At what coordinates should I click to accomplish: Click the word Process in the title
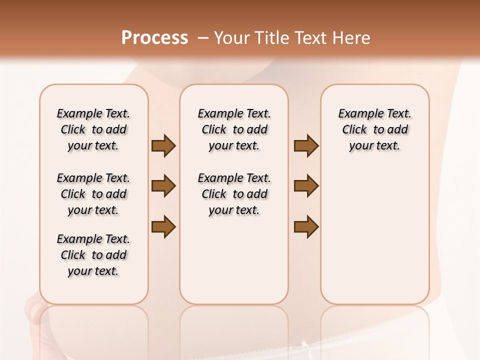154,38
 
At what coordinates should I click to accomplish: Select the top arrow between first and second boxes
163,146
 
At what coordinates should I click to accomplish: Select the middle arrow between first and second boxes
163,186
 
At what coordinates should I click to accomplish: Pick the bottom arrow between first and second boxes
163,226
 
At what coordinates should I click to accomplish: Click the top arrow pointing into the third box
306,146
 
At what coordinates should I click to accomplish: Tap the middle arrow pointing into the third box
306,186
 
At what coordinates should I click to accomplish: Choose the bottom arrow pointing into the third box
306,226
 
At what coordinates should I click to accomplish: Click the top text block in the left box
93,129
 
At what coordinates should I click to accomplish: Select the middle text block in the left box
93,194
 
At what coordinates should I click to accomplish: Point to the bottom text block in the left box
93,255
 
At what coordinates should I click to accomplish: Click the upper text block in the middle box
234,129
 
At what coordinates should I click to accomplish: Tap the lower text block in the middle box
234,194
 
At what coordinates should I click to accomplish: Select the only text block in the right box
374,129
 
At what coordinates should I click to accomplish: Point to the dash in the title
203,38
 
